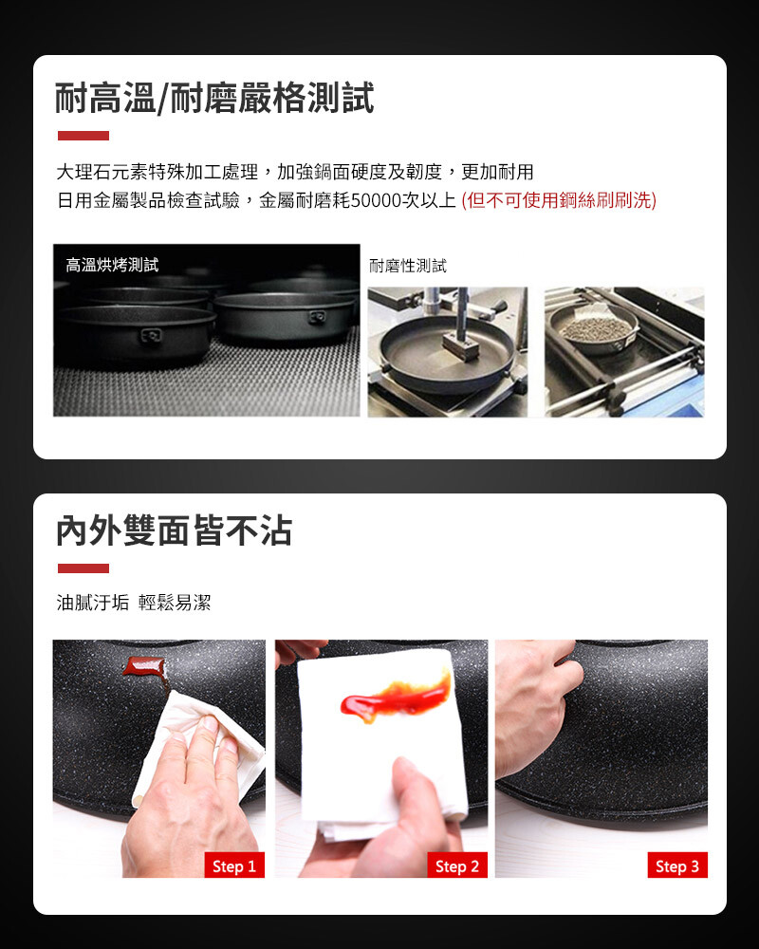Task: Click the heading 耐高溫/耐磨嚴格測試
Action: [214, 98]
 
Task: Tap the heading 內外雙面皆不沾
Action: [175, 530]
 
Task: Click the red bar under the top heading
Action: [83, 136]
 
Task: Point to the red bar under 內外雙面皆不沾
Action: [83, 568]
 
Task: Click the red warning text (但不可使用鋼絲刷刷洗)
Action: [559, 200]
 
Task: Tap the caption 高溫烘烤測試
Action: [112, 265]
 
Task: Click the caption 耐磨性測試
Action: [408, 266]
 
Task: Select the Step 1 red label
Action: [234, 866]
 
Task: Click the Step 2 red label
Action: [457, 866]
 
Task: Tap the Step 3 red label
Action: [677, 866]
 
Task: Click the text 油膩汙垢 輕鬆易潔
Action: [134, 603]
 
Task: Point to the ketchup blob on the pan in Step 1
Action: [145, 667]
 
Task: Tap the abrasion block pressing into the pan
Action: [460, 347]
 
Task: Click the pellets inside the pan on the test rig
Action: [596, 328]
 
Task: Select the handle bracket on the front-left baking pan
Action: [151, 335]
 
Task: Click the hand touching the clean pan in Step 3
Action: [536, 705]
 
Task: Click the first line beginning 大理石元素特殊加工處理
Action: [295, 173]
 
